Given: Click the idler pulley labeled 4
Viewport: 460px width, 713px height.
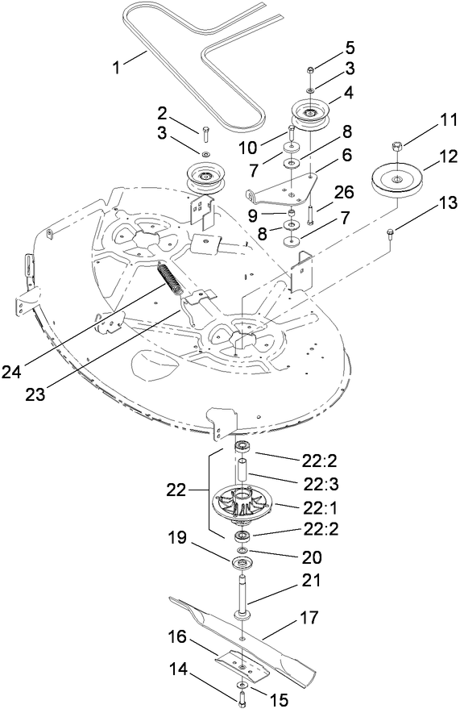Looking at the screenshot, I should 309,111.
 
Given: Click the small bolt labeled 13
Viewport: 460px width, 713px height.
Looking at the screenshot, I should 390,234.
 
